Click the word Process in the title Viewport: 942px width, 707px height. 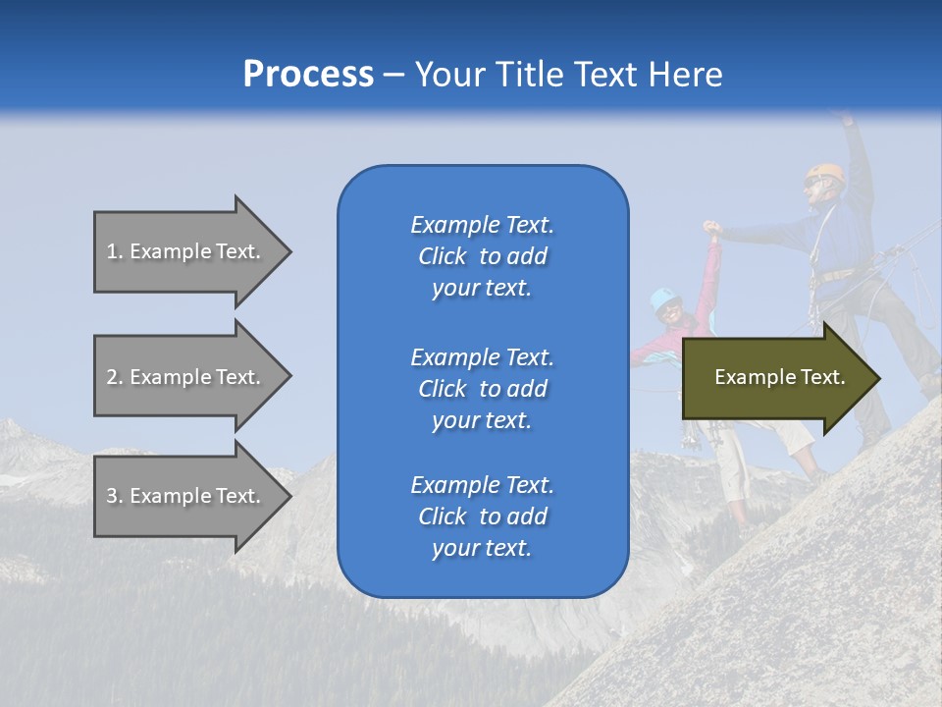(x=308, y=75)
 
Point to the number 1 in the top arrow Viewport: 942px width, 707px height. (x=112, y=251)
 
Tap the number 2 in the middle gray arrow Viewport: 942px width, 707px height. (x=112, y=377)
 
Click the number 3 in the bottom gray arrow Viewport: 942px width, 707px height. (x=112, y=496)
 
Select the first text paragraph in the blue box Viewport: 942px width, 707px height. (x=482, y=256)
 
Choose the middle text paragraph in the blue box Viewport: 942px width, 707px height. (x=482, y=389)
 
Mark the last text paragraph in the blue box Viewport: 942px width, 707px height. (x=482, y=517)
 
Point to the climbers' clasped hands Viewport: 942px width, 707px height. (x=712, y=232)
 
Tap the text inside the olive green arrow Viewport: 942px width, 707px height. (x=780, y=377)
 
